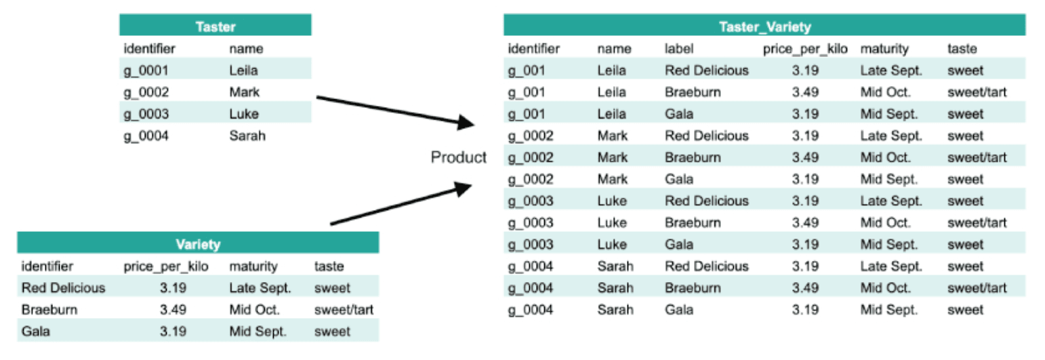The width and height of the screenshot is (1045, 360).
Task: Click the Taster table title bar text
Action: [215, 26]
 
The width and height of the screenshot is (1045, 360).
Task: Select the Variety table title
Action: [197, 244]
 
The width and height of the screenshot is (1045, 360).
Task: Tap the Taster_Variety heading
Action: [764, 26]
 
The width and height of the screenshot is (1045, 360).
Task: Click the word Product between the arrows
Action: [459, 157]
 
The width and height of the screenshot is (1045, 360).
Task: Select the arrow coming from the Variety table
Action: [400, 205]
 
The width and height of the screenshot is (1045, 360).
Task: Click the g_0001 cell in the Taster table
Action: [145, 70]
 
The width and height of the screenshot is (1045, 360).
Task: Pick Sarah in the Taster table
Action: [247, 136]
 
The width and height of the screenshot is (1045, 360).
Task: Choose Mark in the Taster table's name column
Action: [244, 92]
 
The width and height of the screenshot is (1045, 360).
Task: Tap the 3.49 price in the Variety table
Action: [173, 310]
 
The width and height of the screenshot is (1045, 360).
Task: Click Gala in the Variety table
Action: [35, 332]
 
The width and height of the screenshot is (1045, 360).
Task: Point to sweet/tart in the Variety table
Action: [344, 310]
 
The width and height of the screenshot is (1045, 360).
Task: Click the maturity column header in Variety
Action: [253, 266]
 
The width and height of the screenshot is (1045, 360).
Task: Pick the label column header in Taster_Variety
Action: [679, 49]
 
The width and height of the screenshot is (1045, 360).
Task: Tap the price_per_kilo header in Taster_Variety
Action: [805, 49]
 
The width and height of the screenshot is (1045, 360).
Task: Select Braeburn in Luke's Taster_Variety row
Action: [693, 222]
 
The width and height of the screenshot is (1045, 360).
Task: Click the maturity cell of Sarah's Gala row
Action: [888, 310]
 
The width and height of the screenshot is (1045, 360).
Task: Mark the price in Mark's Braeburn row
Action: [804, 157]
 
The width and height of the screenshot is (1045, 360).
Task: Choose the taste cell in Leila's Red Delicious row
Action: [965, 70]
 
